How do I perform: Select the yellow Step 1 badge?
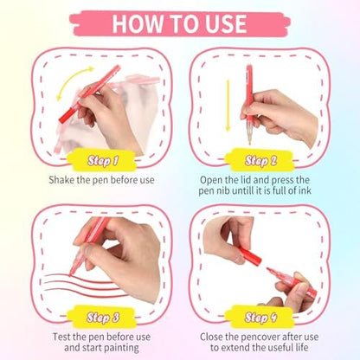[102, 160]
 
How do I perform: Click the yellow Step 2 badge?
[260, 160]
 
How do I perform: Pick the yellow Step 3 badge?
[102, 317]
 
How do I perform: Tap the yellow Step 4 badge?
[260, 317]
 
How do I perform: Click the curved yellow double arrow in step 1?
[71, 80]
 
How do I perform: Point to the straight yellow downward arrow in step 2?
[228, 106]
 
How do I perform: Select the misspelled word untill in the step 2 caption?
[243, 190]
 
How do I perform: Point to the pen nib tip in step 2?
[250, 143]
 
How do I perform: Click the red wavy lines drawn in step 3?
[85, 284]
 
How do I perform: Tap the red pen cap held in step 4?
[250, 255]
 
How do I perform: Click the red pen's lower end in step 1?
[62, 119]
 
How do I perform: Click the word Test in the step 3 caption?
[61, 337]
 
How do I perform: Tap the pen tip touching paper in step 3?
[70, 275]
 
